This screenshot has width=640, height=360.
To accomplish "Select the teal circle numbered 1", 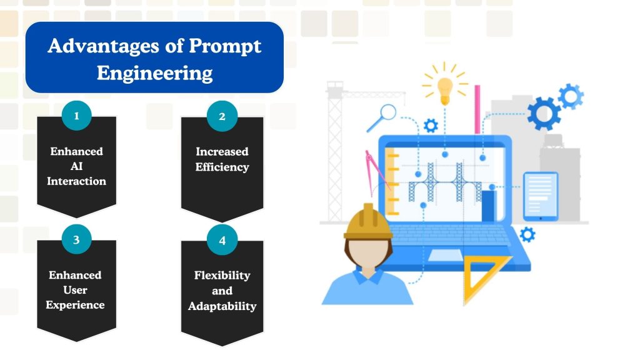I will coord(76,116).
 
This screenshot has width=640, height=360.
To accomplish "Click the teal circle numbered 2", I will coord(222,116).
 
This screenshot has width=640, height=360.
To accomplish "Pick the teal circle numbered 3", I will coord(76,239).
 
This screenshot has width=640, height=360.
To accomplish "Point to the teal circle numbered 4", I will coord(222,241).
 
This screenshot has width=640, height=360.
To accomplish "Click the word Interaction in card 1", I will coord(76,181).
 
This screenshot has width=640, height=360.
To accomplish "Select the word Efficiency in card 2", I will coord(222,167).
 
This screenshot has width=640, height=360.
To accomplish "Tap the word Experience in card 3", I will coord(76,305).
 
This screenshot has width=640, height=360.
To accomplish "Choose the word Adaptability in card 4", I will coord(222,306).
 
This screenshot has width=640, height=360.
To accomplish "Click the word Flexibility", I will coord(222,275).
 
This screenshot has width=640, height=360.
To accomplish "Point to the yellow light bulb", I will coord(444,89).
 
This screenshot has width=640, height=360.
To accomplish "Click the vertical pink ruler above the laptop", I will coord(477,109).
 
